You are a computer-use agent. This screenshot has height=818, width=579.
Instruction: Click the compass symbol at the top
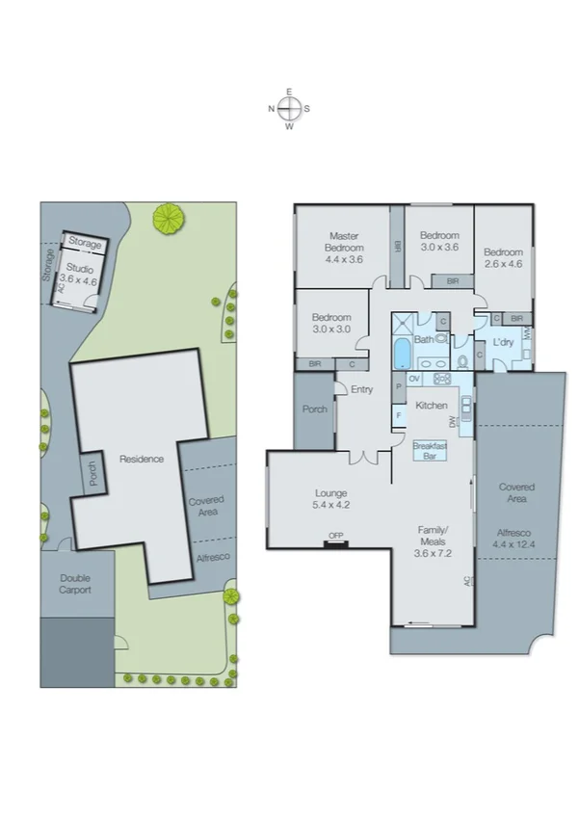tap(289, 108)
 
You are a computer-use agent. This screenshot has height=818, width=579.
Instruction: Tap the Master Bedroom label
tap(344, 248)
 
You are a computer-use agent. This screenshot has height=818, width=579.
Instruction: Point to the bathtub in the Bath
tap(401, 355)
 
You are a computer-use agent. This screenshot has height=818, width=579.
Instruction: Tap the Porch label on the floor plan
tap(314, 409)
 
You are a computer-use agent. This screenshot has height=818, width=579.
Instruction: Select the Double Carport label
tap(75, 584)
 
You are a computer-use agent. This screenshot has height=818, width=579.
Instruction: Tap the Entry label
tap(361, 390)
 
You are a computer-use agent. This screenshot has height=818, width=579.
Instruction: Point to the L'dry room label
tap(502, 343)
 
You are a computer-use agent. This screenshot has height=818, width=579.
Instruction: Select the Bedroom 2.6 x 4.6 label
tap(503, 258)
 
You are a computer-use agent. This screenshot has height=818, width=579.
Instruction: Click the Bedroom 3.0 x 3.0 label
tap(331, 324)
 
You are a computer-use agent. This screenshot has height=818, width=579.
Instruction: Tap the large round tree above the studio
tap(170, 218)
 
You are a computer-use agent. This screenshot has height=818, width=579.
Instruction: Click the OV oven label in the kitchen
tap(413, 379)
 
